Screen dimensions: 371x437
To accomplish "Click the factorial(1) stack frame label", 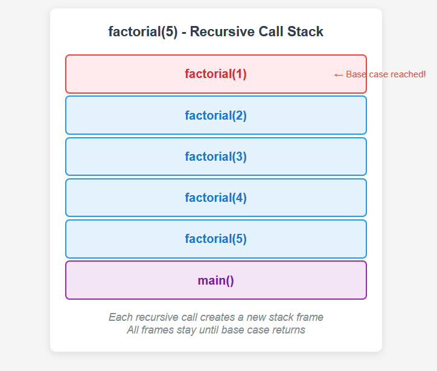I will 215,74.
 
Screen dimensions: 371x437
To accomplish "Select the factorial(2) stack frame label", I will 215,115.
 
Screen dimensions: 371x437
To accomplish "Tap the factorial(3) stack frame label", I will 215,156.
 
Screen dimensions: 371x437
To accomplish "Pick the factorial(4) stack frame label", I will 215,198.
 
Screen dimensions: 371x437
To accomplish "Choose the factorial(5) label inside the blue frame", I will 215,239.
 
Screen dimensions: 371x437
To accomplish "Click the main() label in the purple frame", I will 215,280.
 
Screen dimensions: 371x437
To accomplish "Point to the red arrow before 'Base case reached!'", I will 338,74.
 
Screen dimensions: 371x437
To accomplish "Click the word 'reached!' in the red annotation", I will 409,74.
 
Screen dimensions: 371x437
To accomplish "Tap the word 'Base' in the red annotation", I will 356,74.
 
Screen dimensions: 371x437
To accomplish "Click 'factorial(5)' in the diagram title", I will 142,32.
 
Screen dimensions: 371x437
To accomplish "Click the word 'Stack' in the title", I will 305,32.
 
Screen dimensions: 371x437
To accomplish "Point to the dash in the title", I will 183,32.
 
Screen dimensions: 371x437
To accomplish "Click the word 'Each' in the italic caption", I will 120,317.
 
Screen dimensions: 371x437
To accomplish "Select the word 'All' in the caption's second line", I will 133,330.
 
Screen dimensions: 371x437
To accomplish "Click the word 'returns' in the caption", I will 288,330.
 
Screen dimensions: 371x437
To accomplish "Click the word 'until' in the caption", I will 207,330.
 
